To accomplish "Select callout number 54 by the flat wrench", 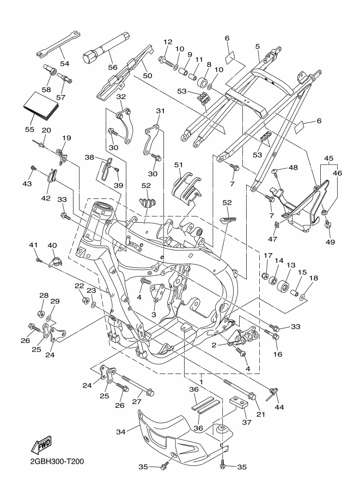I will click(65, 63).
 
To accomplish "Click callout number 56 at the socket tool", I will click(113, 68).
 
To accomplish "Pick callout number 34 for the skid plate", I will click(120, 432).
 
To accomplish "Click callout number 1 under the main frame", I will click(201, 376).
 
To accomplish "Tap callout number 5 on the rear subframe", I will click(257, 47).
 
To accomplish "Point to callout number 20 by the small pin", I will click(46, 130).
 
